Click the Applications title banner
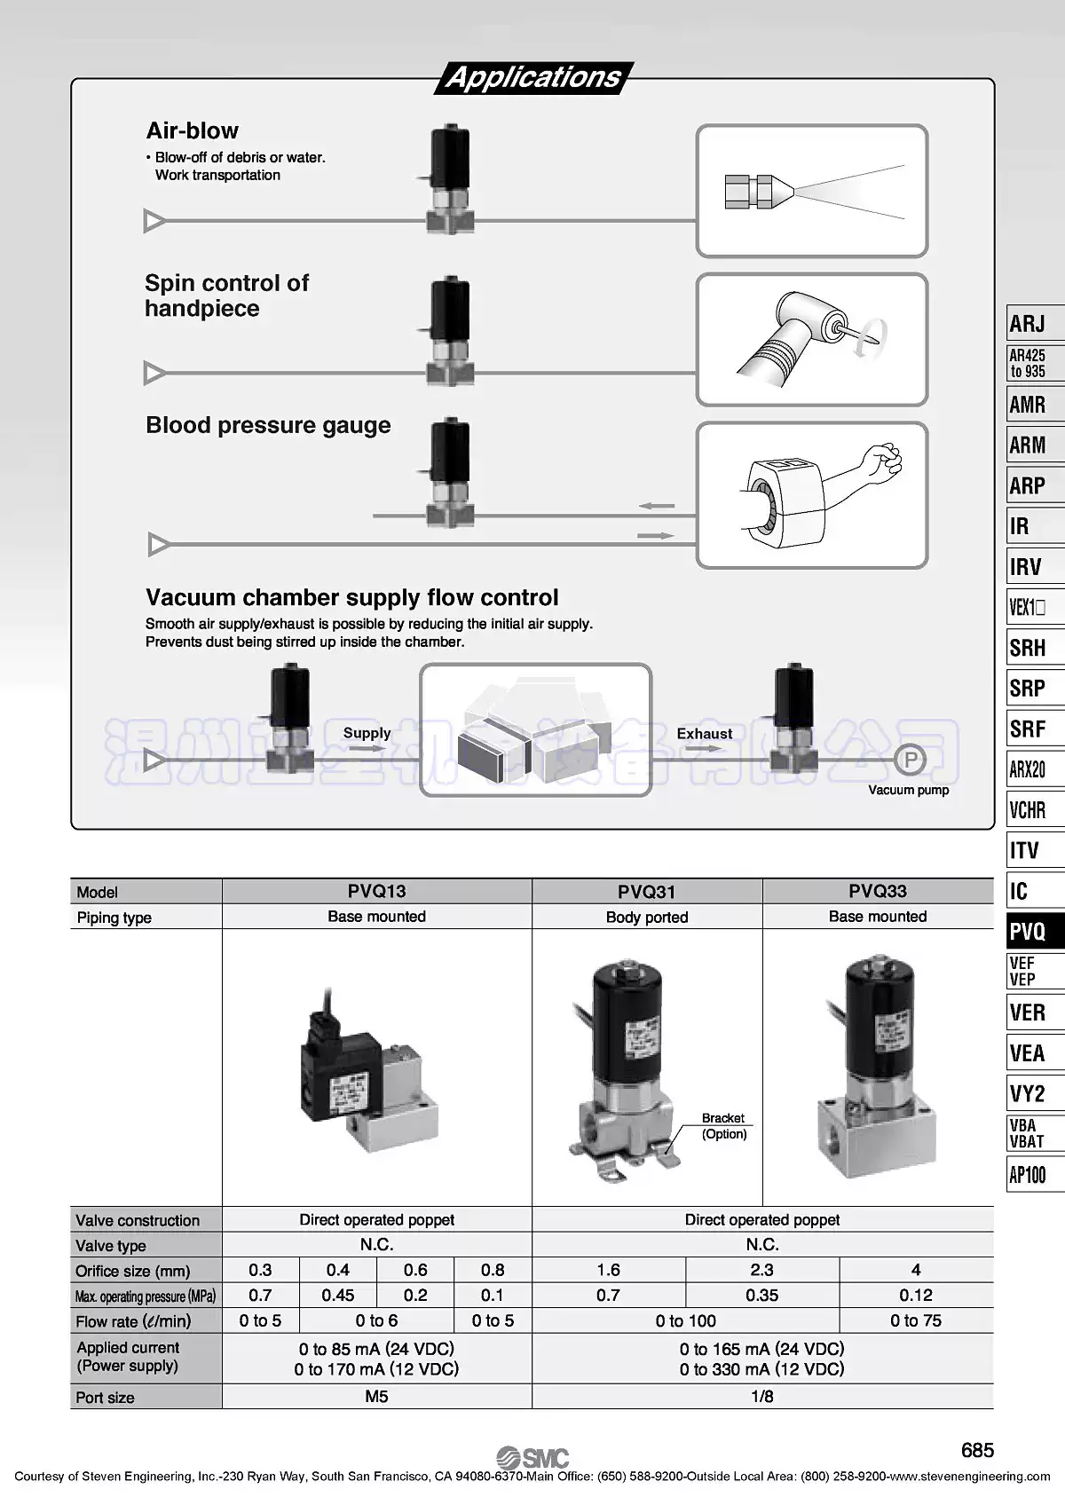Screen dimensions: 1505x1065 pyautogui.click(x=533, y=77)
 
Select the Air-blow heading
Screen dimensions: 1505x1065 pyautogui.click(x=192, y=130)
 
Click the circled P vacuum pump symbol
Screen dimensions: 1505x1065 pyautogui.click(x=909, y=760)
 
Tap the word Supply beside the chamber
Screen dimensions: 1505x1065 pyautogui.click(x=367, y=733)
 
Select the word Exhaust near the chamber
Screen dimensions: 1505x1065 pyautogui.click(x=705, y=734)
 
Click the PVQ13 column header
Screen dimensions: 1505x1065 pyautogui.click(x=376, y=891)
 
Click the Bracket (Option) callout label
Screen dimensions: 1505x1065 pyautogui.click(x=723, y=1126)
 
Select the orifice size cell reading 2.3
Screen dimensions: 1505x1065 pyautogui.click(x=761, y=1270)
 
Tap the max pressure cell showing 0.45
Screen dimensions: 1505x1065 pyautogui.click(x=337, y=1296)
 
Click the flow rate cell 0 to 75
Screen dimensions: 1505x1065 pyautogui.click(x=915, y=1320)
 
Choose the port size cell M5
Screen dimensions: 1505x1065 pyautogui.click(x=376, y=1397)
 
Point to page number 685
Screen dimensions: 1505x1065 pyautogui.click(x=977, y=1450)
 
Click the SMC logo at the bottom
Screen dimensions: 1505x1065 pyautogui.click(x=532, y=1458)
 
